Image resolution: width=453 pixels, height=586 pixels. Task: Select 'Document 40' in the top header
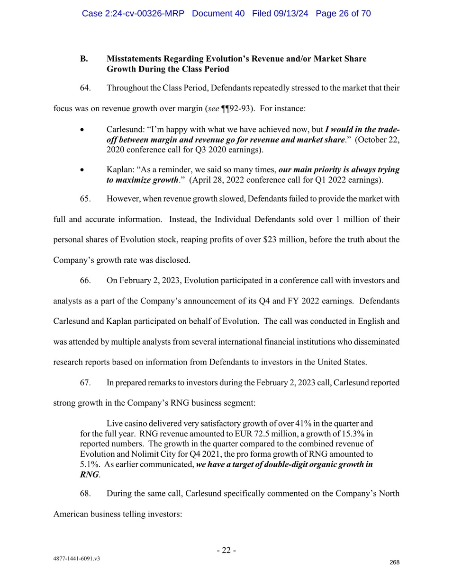point(218,13)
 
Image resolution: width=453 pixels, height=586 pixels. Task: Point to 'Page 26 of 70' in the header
point(343,13)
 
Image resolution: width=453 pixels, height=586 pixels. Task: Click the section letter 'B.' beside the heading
point(84,59)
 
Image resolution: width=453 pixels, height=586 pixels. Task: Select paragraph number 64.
point(85,88)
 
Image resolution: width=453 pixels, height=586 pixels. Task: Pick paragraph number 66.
point(85,281)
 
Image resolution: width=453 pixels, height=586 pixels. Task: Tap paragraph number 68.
point(85,494)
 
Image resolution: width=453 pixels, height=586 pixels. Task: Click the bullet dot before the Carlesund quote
point(82,130)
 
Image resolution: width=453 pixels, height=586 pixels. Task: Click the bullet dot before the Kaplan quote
point(82,170)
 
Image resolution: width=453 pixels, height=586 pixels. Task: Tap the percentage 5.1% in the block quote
point(90,464)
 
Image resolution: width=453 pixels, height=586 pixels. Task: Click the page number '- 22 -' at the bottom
point(226,550)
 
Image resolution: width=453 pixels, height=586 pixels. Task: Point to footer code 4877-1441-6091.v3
point(77,559)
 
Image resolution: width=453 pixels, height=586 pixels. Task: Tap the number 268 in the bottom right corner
point(394,562)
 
